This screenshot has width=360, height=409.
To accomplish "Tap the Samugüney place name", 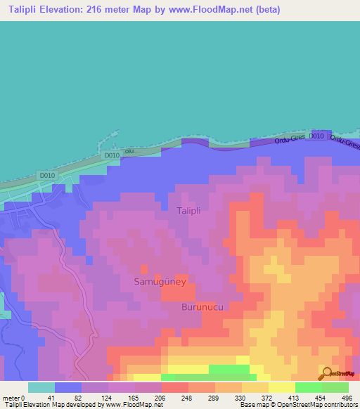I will [159, 281].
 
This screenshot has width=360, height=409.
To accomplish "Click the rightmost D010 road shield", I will [317, 136].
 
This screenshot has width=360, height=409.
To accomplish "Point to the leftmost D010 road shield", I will [47, 176].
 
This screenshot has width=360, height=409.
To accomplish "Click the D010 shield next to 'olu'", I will [111, 155].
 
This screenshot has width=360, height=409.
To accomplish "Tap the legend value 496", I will [348, 398].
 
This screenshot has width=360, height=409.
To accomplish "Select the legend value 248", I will [174, 398].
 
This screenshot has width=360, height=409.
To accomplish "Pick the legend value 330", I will [232, 398].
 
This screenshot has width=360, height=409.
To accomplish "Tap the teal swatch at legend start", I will [41, 387].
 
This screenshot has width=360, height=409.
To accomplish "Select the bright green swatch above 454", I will [308, 387].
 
